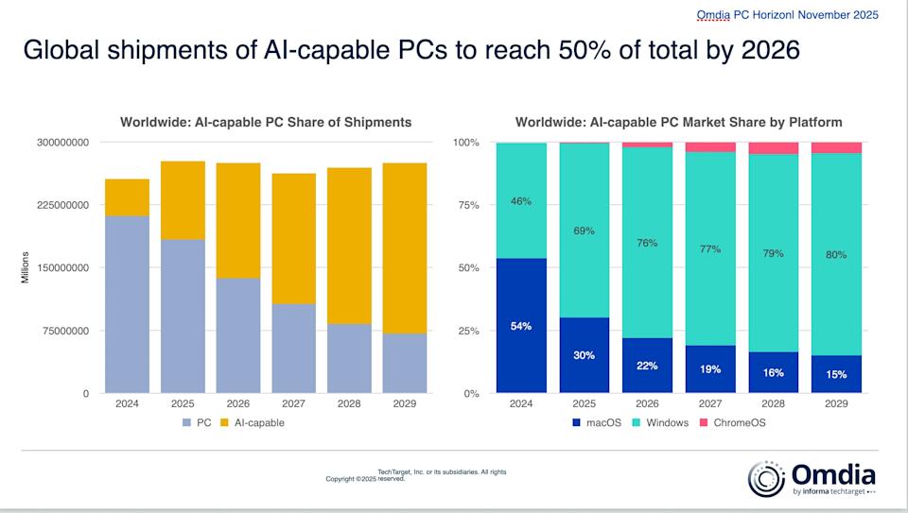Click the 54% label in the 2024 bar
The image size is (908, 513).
520,326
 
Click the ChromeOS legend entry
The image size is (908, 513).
740,422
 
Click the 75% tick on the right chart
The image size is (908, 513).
467,205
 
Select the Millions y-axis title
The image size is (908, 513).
26,268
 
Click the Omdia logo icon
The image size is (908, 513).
765,477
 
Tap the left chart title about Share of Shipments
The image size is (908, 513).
266,122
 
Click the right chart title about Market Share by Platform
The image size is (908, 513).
678,122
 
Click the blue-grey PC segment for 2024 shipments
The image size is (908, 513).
127,304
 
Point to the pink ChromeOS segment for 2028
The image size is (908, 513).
774,148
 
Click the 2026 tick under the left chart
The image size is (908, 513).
238,402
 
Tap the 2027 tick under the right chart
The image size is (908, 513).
710,402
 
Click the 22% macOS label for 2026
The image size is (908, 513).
648,366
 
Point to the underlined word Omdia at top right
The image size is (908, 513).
713,14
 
